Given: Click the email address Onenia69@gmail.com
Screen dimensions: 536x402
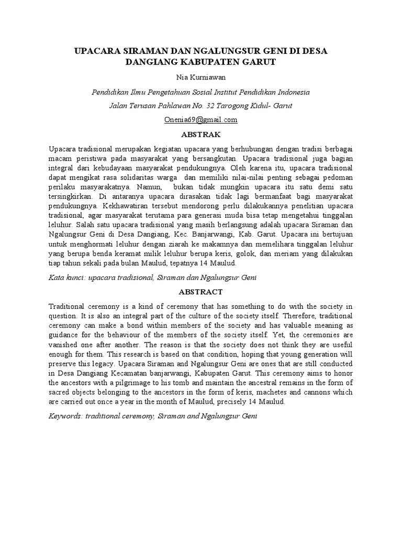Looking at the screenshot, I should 200,119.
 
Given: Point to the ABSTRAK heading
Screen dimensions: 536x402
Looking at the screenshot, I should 200,134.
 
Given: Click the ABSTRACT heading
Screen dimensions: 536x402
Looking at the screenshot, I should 200,292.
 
